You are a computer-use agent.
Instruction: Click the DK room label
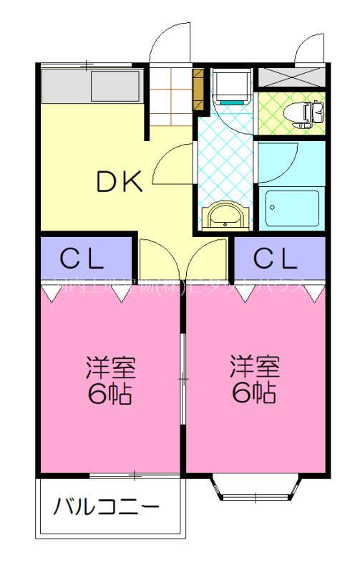[x=120, y=183]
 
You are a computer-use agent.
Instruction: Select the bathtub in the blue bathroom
[x=291, y=208]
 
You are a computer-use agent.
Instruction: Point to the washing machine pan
[x=230, y=87]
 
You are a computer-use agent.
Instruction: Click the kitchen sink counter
[x=89, y=86]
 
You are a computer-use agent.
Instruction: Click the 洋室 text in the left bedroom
[x=110, y=367]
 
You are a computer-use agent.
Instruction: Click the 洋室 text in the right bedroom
[x=255, y=367]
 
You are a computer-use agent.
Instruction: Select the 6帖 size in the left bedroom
[x=110, y=393]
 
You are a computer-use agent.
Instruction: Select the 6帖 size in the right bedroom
[x=255, y=393]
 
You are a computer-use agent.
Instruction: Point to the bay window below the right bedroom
[x=254, y=489]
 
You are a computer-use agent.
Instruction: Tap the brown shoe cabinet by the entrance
[x=199, y=90]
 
